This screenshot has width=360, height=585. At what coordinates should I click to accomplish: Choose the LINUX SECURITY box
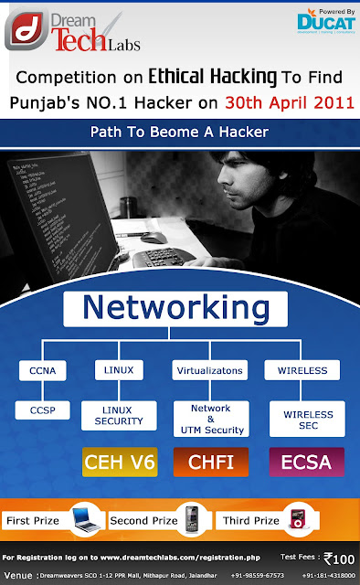coord(113,415)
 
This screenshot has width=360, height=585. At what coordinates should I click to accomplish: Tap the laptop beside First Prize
coord(83,519)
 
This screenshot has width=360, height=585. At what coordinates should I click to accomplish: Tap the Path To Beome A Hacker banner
coord(180,132)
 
